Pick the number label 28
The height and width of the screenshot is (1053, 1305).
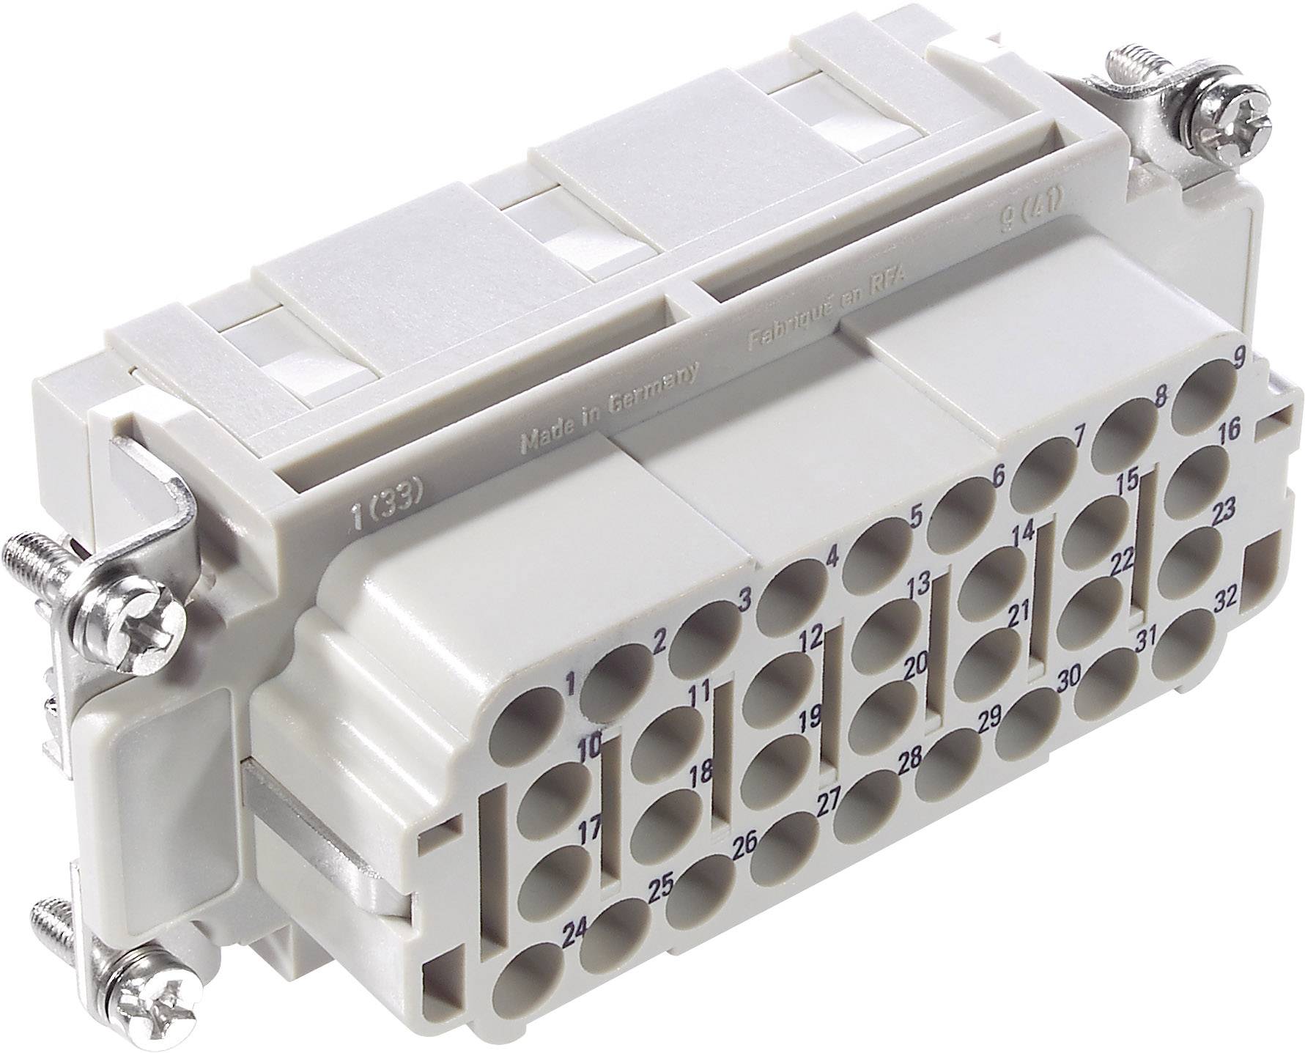coord(909,761)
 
